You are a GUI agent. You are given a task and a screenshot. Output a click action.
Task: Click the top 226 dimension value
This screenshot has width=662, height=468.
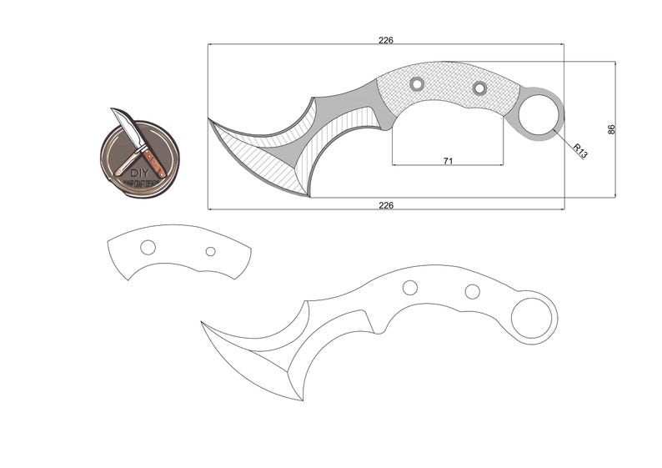(x=385, y=39)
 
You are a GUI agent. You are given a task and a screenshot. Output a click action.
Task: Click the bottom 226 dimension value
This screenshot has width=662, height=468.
(x=385, y=204)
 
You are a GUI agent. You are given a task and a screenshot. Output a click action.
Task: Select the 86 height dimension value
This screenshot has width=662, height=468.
(x=611, y=129)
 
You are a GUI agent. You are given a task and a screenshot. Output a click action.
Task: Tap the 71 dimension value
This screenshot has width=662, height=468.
(x=448, y=160)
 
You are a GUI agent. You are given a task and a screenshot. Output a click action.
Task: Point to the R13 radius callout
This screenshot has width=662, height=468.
(x=580, y=150)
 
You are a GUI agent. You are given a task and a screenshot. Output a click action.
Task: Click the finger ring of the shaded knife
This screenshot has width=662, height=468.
(x=537, y=115)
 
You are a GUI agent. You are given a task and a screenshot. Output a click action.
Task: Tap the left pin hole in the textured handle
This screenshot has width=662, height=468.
(x=416, y=83)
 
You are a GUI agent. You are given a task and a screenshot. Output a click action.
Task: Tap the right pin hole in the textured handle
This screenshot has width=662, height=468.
(x=479, y=88)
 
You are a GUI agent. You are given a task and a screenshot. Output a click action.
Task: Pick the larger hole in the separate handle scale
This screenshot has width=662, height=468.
(x=148, y=247)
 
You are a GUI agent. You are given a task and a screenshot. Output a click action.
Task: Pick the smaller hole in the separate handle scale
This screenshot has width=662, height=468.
(x=210, y=251)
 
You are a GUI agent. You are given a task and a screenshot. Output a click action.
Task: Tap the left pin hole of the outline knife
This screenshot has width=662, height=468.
(x=409, y=288)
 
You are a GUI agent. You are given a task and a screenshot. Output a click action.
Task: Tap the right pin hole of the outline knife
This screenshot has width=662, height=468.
(x=472, y=291)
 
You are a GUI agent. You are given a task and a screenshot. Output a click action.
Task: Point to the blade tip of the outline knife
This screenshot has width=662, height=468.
(x=203, y=323)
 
